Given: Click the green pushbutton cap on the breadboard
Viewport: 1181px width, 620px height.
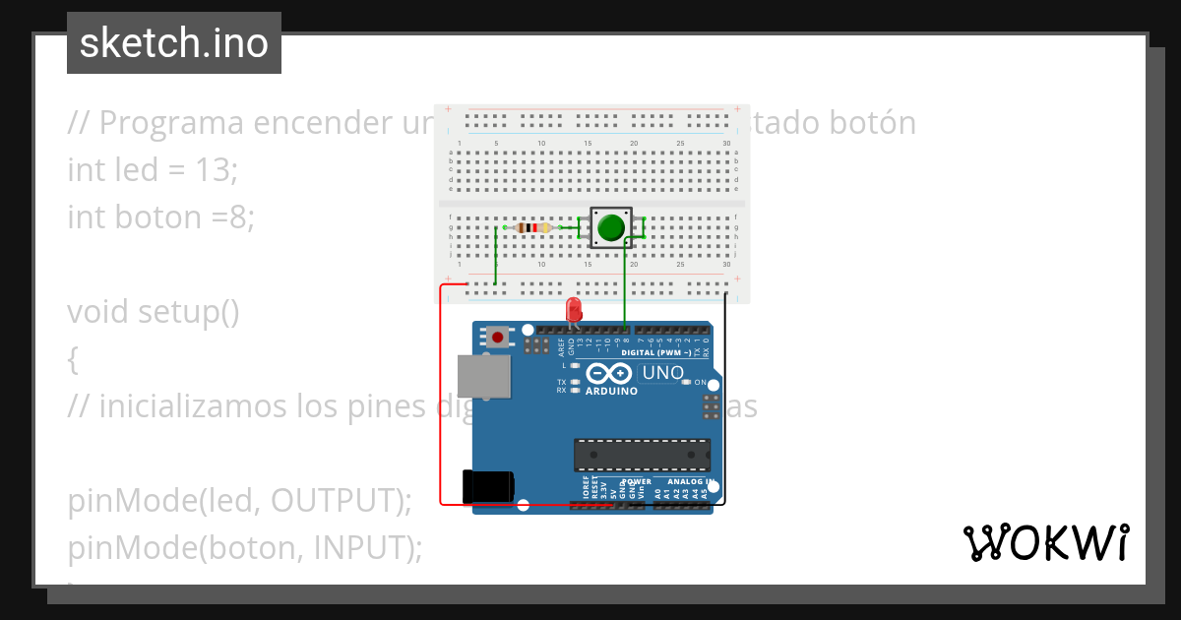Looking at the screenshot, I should [x=610, y=227].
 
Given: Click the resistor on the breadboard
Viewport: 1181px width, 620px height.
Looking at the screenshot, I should [x=532, y=228].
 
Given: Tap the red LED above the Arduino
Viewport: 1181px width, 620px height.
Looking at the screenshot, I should [x=574, y=311].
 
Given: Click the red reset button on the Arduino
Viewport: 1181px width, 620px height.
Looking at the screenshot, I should [x=498, y=338].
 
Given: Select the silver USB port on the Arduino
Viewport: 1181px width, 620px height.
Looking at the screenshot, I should [x=484, y=376].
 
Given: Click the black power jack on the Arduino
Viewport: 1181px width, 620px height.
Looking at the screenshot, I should [x=488, y=487].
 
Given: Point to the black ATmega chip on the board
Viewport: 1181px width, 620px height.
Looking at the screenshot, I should [x=642, y=455].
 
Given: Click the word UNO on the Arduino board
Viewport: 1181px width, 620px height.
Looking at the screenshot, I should [x=661, y=373].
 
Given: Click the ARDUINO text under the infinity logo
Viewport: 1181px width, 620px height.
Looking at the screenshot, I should [x=611, y=391].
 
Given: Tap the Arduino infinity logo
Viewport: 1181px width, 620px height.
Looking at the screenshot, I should [x=610, y=374].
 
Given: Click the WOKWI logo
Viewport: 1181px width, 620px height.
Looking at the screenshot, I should [x=1046, y=542].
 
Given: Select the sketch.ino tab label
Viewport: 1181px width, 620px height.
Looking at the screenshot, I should [x=174, y=43].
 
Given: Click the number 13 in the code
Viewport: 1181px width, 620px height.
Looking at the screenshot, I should [x=217, y=169].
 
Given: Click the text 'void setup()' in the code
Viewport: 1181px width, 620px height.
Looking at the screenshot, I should [x=154, y=311].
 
